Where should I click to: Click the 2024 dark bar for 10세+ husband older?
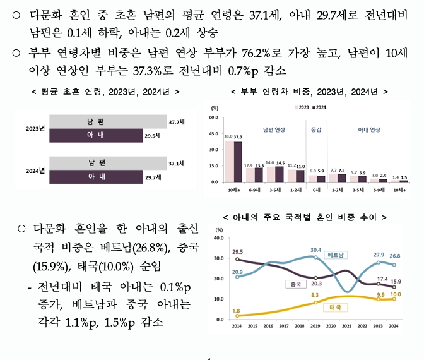click(238, 161)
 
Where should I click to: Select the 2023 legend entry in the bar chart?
click(300, 107)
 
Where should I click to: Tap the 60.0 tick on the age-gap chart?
click(213, 117)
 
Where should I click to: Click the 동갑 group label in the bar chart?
click(317, 129)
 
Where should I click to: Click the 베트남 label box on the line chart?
click(337, 255)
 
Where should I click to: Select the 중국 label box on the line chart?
click(295, 284)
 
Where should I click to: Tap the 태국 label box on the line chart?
click(336, 307)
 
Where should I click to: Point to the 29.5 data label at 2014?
click(237, 252)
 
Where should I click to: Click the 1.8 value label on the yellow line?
click(237, 310)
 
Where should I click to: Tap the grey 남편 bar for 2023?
click(107, 121)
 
